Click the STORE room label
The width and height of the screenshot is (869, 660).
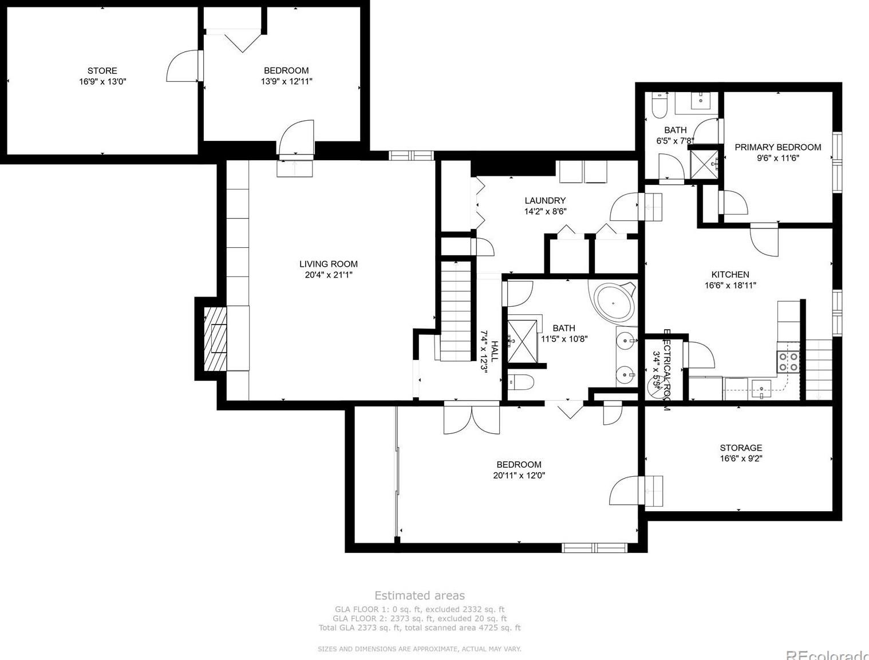tap(102, 70)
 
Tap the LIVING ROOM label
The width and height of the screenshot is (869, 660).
tap(329, 264)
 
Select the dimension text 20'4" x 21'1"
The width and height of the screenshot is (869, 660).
tap(329, 275)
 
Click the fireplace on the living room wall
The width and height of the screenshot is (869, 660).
tap(216, 339)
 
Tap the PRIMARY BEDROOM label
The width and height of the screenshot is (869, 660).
tap(777, 147)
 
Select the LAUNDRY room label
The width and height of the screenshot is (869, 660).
tap(545, 200)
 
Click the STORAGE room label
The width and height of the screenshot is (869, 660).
tap(741, 448)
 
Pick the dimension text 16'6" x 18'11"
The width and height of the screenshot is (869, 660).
tap(730, 285)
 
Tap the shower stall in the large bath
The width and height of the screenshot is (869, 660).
tap(522, 342)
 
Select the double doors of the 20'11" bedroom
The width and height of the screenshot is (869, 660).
tap(471, 418)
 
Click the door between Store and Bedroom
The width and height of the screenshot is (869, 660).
tap(184, 66)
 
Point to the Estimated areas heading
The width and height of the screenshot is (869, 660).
tap(420, 595)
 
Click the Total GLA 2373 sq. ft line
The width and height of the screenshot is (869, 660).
tap(420, 627)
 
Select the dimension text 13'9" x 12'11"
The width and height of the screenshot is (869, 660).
tap(286, 81)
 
